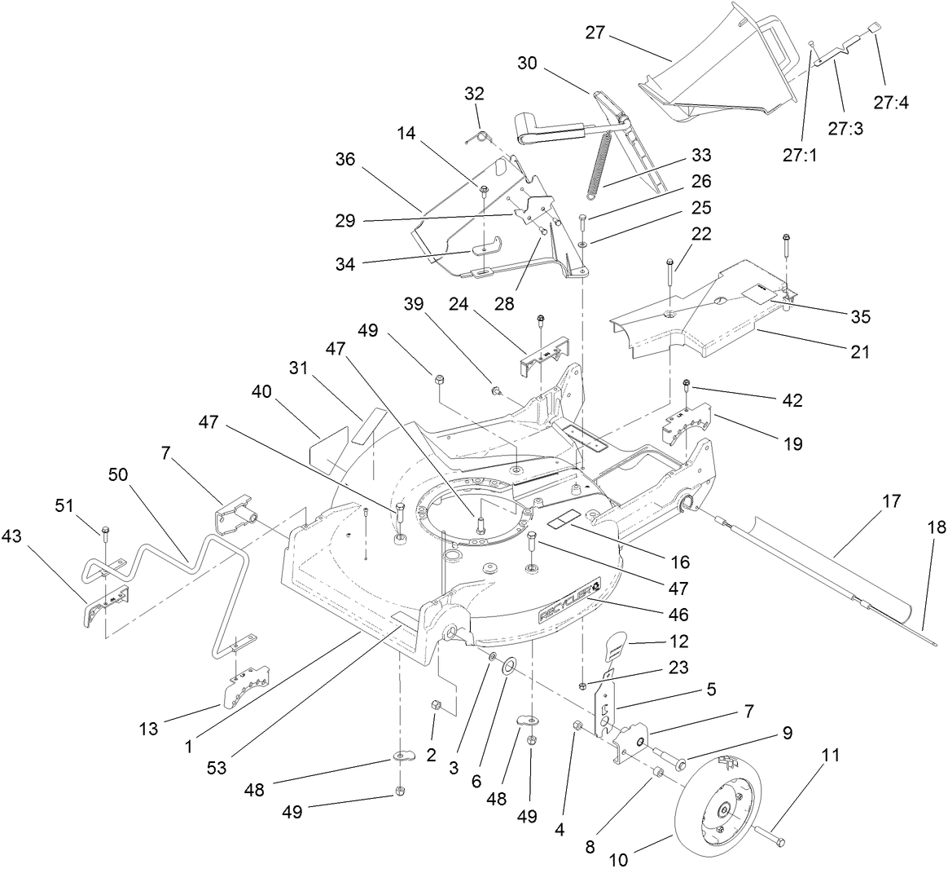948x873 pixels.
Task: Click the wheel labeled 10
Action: [x=717, y=807]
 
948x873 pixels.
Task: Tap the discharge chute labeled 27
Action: [x=717, y=73]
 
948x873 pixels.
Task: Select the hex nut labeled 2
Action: [x=435, y=704]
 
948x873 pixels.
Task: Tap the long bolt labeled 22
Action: [x=669, y=281]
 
